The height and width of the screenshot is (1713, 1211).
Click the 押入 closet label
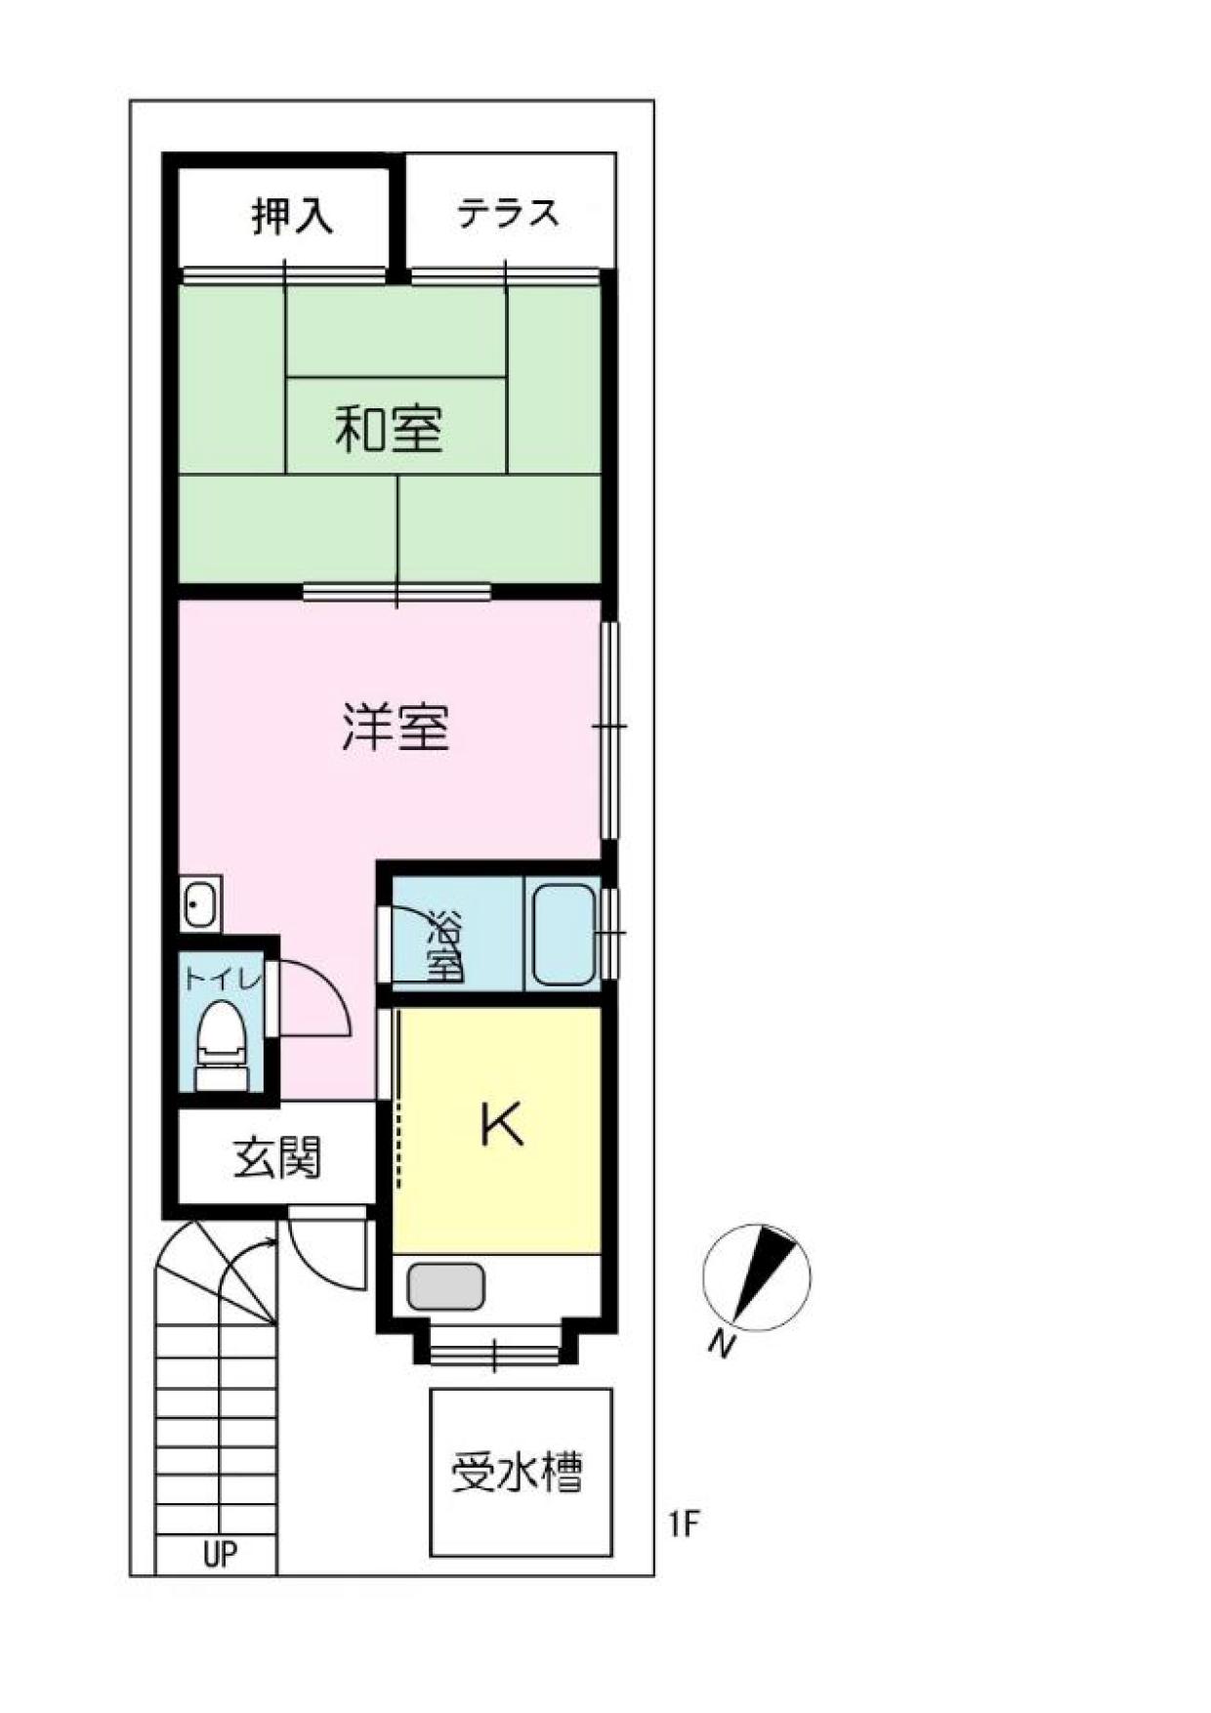click(292, 216)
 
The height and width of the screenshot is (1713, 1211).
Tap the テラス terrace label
click(509, 212)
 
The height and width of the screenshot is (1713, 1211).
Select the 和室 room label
click(389, 429)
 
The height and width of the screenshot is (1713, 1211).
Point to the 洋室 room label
click(396, 727)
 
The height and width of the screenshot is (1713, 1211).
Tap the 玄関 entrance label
click(277, 1158)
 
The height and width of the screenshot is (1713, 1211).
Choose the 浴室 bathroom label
click(446, 946)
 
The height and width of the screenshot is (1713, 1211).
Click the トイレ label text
click(223, 978)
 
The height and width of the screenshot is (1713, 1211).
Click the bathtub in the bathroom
click(564, 935)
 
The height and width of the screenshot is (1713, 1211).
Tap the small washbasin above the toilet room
click(201, 903)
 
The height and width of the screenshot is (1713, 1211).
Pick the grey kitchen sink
click(446, 1286)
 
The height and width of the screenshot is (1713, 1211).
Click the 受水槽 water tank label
click(517, 1473)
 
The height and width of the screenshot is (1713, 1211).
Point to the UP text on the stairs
click(220, 1553)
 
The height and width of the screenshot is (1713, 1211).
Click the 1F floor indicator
click(686, 1524)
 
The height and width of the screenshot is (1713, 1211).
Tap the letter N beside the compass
click(722, 1345)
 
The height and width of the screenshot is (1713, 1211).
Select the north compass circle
click(757, 1277)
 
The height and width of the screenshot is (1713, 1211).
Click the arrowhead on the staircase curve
click(269, 1243)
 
